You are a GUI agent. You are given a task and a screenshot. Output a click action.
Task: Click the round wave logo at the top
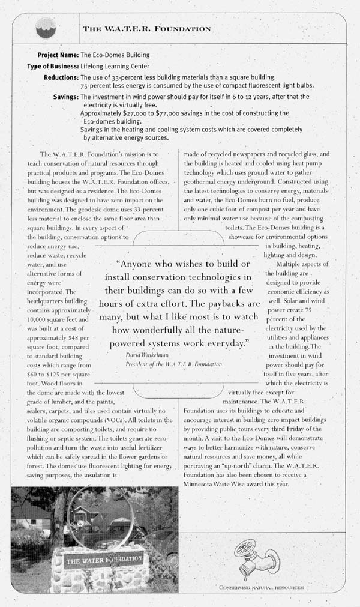pos(44,27)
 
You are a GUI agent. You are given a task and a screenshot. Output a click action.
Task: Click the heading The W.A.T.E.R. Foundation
pos(146,28)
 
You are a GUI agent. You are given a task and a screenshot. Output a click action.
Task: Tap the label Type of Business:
pos(52,66)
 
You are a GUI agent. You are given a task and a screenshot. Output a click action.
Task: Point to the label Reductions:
pos(61,77)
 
